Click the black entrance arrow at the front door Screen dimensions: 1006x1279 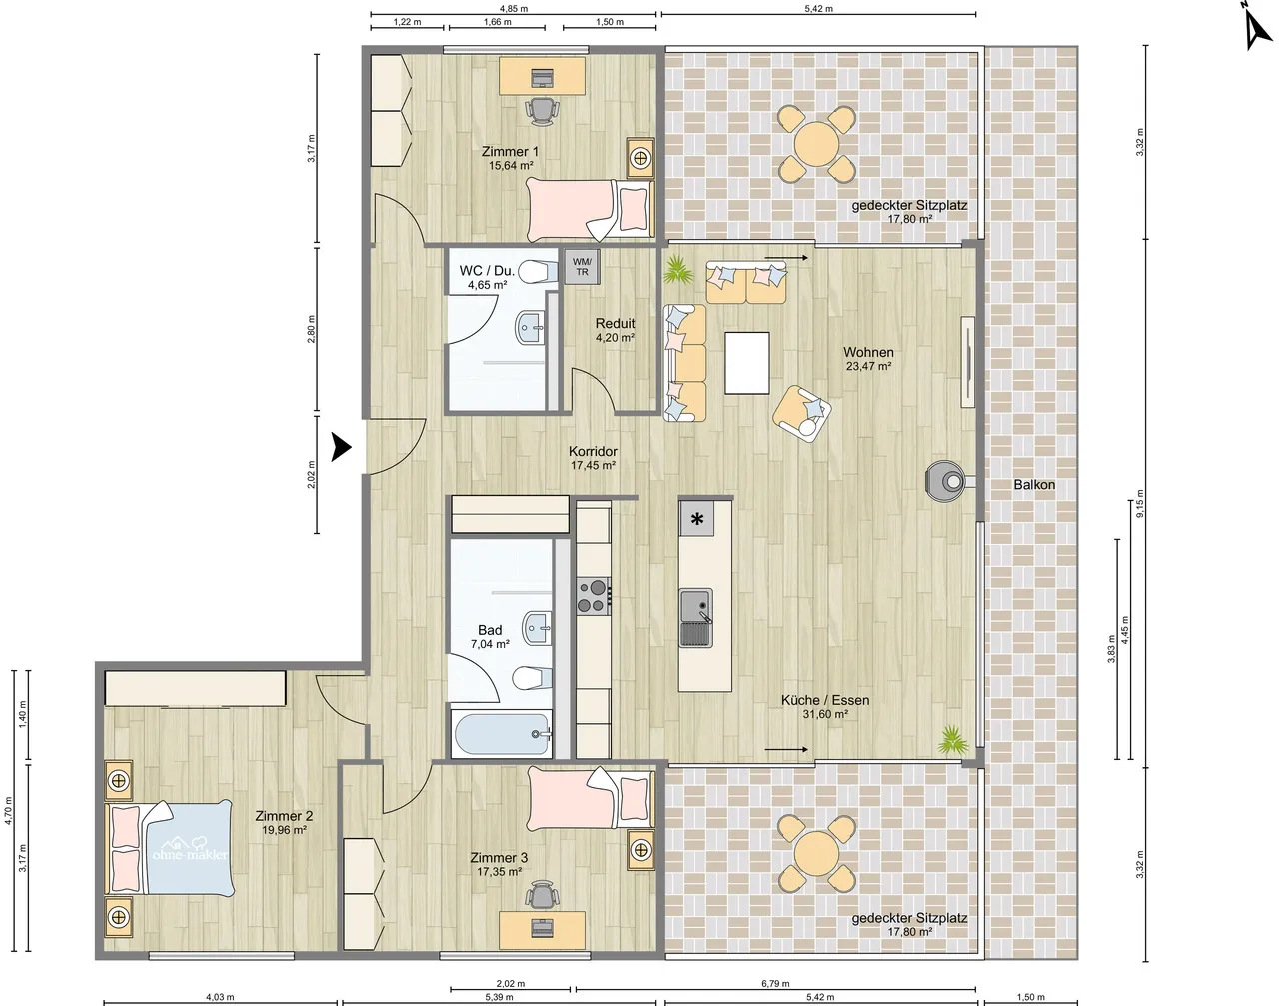tap(341, 448)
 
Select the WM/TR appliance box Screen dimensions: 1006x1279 tap(582, 267)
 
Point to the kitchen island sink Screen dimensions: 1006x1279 tap(695, 610)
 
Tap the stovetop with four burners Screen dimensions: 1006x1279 tap(593, 595)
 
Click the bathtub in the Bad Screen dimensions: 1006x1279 tap(502, 735)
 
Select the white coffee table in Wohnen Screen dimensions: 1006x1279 tap(747, 363)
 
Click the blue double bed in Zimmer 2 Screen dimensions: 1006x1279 tap(174, 848)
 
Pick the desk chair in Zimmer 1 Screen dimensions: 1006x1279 tap(541, 111)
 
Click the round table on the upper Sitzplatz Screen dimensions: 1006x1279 tap(816, 145)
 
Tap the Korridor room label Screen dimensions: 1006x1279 tap(593, 451)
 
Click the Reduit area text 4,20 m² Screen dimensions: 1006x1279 tap(615, 338)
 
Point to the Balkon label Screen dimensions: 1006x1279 tap(1034, 484)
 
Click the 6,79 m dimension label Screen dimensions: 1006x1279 tap(775, 984)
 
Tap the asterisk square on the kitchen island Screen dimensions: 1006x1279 tap(697, 519)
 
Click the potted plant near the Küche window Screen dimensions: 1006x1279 tap(952, 741)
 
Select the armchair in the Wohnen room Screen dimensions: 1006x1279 tap(802, 411)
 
